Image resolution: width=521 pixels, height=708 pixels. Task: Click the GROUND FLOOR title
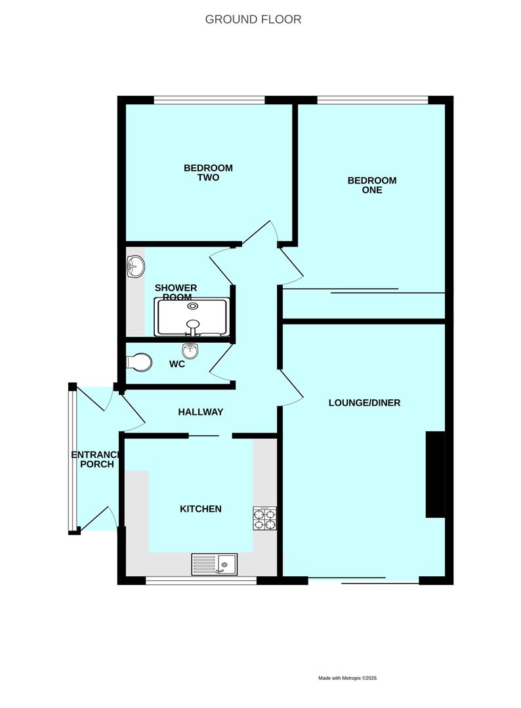click(253, 19)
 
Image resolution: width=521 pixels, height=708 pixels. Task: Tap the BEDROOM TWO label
click(208, 172)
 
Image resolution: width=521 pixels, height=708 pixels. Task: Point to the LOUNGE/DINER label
click(364, 403)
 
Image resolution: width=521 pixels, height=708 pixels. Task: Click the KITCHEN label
click(201, 509)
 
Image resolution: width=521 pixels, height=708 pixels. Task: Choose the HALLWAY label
click(201, 412)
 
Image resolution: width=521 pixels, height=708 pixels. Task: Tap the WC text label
click(177, 364)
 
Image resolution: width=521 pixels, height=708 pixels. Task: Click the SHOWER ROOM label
click(176, 292)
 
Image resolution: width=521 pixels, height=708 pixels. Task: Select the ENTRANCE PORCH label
click(96, 460)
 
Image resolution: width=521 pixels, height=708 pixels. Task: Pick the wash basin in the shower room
click(136, 267)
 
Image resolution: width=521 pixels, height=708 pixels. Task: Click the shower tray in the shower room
click(192, 317)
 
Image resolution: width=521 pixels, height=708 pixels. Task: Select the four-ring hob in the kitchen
click(264, 519)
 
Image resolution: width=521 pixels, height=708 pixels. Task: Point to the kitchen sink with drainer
click(215, 564)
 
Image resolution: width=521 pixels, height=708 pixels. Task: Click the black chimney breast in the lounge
click(436, 475)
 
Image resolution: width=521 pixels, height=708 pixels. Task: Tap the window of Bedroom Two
click(209, 100)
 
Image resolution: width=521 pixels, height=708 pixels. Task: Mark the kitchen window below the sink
click(201, 581)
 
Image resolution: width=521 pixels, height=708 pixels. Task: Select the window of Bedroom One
click(372, 100)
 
